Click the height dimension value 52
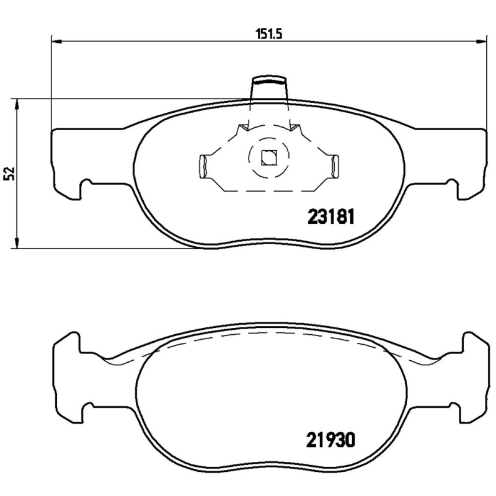[9, 174]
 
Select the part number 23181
[330, 218]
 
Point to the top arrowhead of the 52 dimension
[17, 104]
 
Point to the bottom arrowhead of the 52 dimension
[17, 243]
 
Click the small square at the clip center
[268, 157]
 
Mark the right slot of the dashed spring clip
[335, 166]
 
